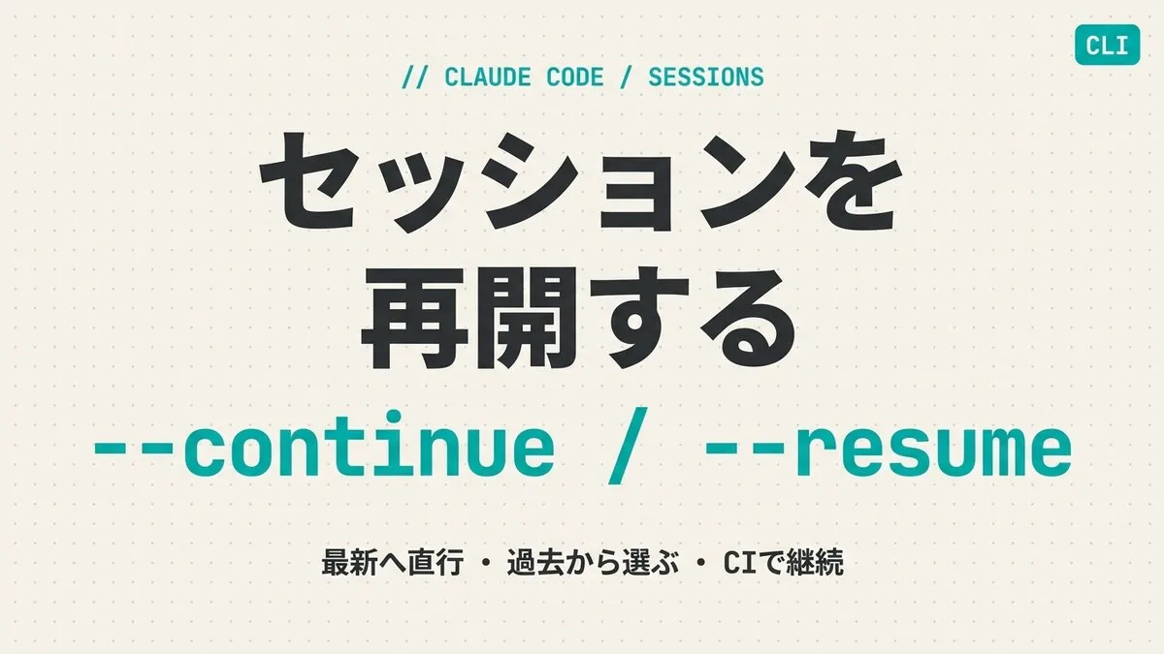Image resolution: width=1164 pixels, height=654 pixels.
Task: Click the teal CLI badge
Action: tap(1108, 45)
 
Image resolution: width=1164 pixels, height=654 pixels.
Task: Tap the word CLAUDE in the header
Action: tap(487, 78)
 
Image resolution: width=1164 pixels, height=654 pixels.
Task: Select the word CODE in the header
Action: tap(574, 78)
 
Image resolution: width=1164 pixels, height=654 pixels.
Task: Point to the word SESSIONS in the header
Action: tap(706, 78)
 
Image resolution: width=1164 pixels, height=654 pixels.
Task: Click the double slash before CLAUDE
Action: tap(415, 78)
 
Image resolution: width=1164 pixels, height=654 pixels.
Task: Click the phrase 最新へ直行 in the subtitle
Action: tap(392, 563)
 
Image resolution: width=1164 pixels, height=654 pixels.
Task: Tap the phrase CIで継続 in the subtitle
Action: tap(783, 563)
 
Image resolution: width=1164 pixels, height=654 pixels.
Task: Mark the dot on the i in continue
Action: tap(393, 417)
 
